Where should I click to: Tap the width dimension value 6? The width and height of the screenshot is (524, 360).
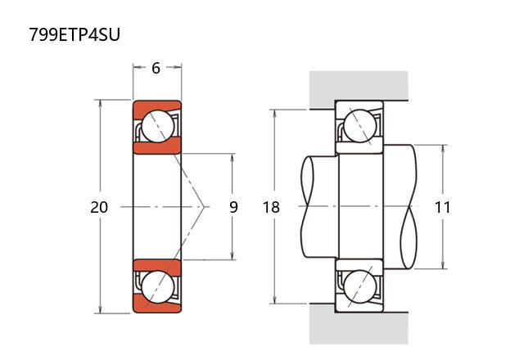pyautogui.click(x=156, y=68)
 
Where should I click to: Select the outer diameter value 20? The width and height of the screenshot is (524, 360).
pyautogui.click(x=99, y=207)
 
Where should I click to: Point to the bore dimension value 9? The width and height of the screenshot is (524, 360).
pyautogui.click(x=233, y=207)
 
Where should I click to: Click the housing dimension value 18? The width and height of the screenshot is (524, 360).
pyautogui.click(x=271, y=207)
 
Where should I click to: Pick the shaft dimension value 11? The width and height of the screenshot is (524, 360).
pyautogui.click(x=443, y=207)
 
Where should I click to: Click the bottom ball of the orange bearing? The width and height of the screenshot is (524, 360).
pyautogui.click(x=156, y=288)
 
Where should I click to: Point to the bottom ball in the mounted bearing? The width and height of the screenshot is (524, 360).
pyautogui.click(x=360, y=288)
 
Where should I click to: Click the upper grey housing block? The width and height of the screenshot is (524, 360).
pyautogui.click(x=359, y=85)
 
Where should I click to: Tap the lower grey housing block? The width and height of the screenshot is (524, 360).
pyautogui.click(x=359, y=328)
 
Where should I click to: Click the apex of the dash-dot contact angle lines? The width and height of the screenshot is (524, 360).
pyautogui.click(x=204, y=207)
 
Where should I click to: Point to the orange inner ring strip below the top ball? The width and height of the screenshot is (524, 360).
pyautogui.click(x=156, y=147)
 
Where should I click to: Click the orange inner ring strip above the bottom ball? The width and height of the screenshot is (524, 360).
pyautogui.click(x=156, y=266)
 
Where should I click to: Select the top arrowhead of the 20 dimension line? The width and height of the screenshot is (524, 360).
pyautogui.click(x=100, y=104)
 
